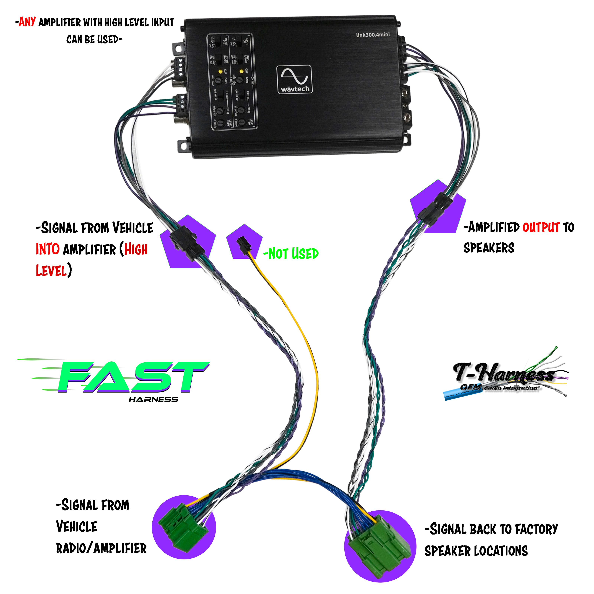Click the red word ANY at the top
(x=27, y=22)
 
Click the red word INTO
(x=48, y=249)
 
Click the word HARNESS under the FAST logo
(x=154, y=399)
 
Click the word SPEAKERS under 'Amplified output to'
(x=489, y=248)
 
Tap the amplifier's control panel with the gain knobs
(x=232, y=81)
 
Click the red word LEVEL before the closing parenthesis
(x=51, y=271)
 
